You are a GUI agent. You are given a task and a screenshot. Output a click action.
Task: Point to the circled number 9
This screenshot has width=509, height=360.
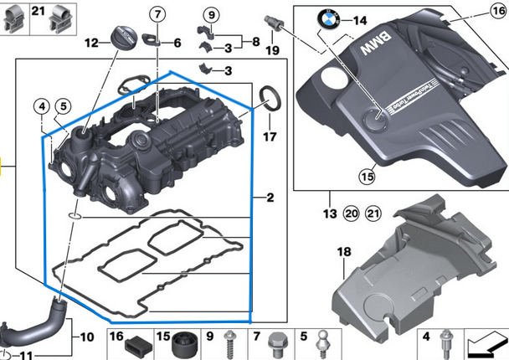[x=210, y=14]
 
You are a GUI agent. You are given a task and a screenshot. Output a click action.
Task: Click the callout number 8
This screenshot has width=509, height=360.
[x=254, y=41]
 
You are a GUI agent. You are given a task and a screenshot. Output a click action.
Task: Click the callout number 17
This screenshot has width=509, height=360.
[x=270, y=136]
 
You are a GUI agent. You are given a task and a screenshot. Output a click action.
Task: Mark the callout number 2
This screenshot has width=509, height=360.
[x=270, y=198]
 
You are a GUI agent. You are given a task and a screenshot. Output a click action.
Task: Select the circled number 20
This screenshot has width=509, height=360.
[x=352, y=213]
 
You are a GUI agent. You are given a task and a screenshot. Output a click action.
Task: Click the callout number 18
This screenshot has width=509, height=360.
[x=343, y=251]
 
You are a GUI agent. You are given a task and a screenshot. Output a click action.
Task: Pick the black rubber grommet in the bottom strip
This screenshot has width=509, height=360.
[x=183, y=344]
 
